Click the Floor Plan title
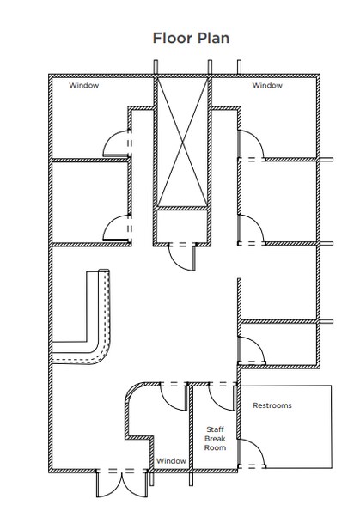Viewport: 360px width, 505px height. coord(191,38)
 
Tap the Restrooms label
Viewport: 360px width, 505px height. coord(272,405)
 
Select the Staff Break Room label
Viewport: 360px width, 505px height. coord(215,438)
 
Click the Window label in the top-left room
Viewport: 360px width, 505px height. coord(84,85)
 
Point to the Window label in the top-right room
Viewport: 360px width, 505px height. coord(267,85)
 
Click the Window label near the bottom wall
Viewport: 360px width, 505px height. coord(171,461)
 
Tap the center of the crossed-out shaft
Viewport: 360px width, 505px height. coord(182,142)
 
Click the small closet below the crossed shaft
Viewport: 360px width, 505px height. coord(182,226)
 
